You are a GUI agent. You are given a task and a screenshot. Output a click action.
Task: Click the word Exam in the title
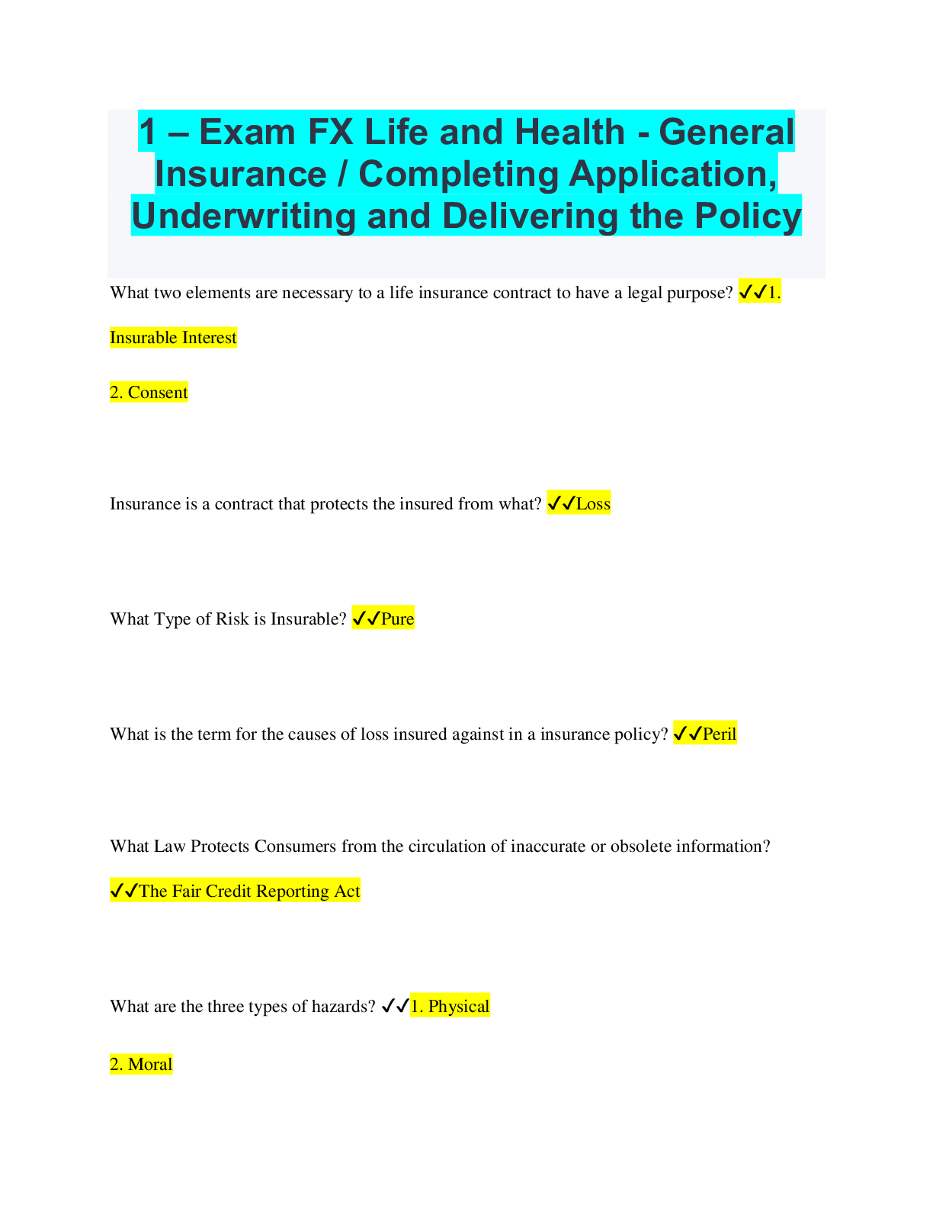(x=247, y=132)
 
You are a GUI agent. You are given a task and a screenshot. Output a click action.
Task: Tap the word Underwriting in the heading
(x=243, y=216)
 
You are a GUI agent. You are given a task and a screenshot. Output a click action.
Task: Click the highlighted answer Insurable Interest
(x=173, y=337)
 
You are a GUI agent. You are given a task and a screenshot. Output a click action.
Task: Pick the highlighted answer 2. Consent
(x=149, y=392)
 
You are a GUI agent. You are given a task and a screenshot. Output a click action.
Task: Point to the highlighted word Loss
(x=594, y=503)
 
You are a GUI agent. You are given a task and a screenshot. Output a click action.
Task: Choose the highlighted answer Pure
(x=397, y=618)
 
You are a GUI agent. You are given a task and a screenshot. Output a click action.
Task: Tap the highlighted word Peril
(x=720, y=734)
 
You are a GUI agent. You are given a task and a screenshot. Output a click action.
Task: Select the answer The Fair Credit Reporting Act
(x=249, y=892)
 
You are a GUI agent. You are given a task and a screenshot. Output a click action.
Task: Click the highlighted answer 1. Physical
(x=450, y=1006)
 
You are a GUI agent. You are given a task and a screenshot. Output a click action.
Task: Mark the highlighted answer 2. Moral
(x=141, y=1064)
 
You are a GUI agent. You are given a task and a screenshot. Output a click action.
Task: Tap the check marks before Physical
(x=395, y=1006)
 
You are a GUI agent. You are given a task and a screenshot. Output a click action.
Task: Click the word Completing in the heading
(x=458, y=175)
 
